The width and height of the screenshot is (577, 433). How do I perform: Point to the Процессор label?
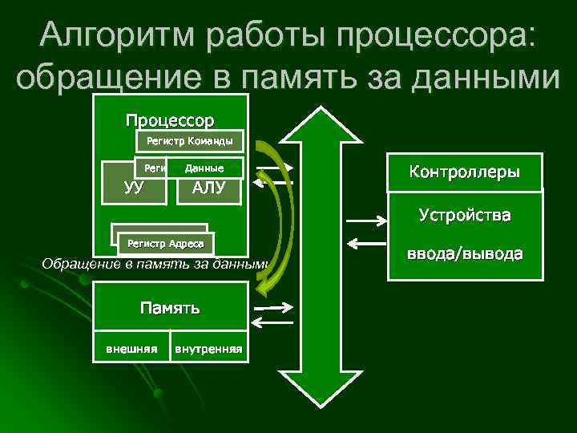tap(170, 121)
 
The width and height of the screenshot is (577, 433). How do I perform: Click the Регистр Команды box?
tap(189, 142)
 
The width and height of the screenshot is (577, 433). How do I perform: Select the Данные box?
tap(204, 168)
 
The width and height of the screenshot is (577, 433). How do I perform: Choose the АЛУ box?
tap(209, 188)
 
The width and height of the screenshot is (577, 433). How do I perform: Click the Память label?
tap(170, 308)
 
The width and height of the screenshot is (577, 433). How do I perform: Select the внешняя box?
tap(131, 347)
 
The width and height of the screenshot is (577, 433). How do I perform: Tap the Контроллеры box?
tap(464, 172)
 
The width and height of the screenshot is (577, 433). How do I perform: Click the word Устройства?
tap(465, 216)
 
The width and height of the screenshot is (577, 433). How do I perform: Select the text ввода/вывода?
tap(465, 254)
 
